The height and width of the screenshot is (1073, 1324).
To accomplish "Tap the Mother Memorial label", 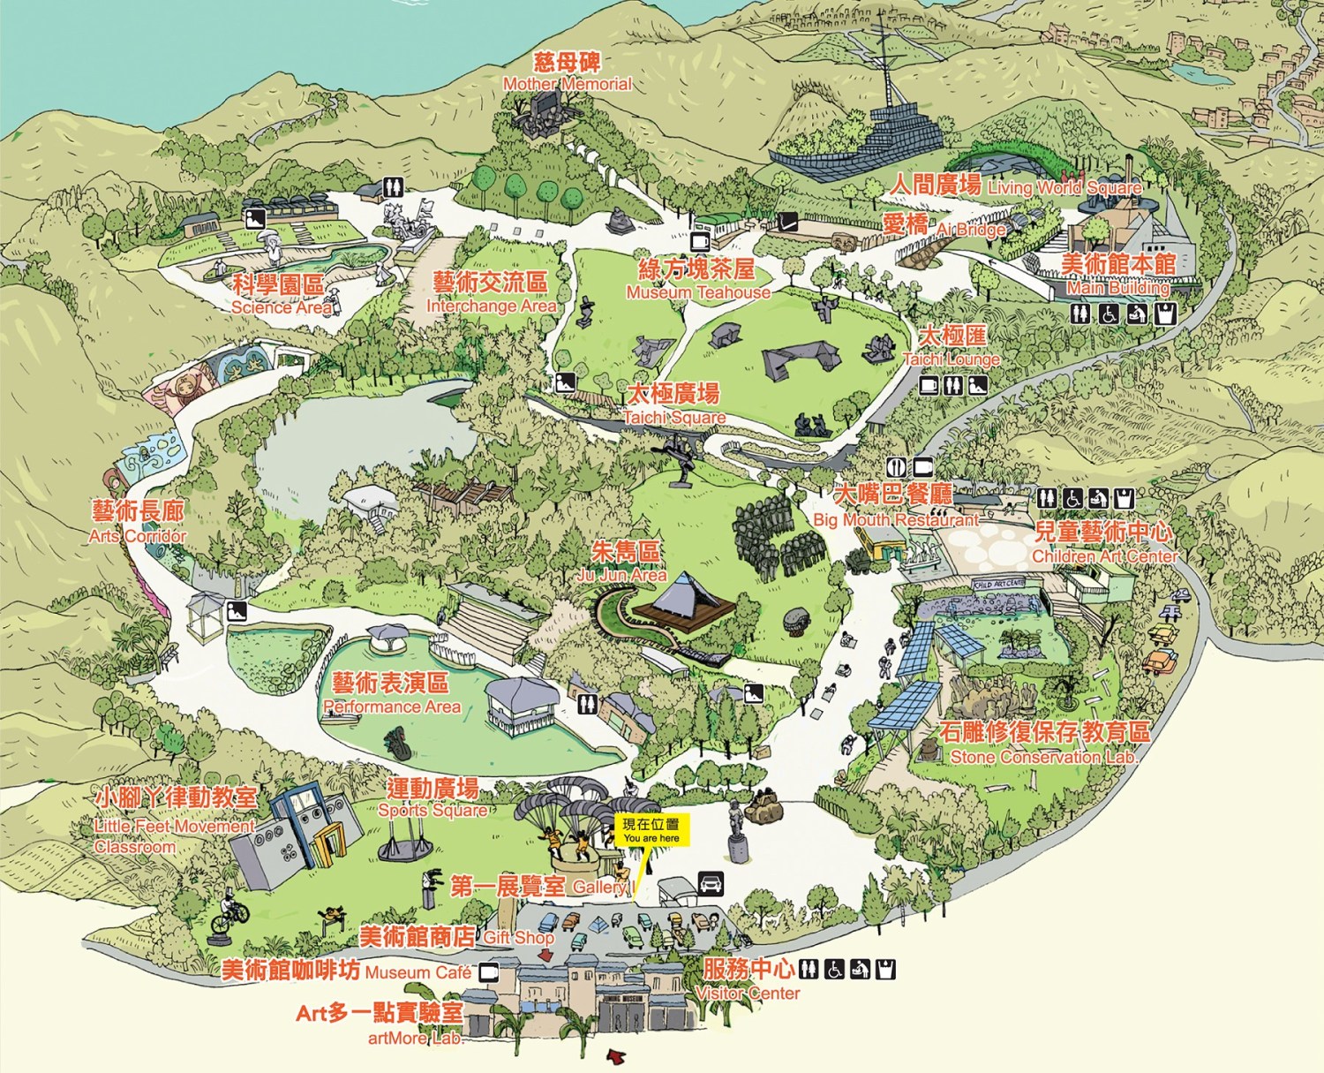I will [x=567, y=72].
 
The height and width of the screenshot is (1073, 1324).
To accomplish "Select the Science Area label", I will [x=279, y=295].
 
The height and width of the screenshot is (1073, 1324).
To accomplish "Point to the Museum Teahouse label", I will [x=697, y=280].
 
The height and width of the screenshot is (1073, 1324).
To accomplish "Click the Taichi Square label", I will [x=673, y=404].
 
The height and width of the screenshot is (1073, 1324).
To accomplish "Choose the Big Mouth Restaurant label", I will [x=895, y=506].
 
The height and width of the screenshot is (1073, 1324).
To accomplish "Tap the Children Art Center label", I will [x=1103, y=543].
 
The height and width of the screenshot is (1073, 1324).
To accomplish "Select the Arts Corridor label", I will [x=138, y=523].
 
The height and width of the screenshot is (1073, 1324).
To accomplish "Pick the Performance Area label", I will [x=391, y=694].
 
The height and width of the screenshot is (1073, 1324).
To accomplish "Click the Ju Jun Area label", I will [x=623, y=563].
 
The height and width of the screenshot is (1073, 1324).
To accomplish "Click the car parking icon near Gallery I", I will [x=711, y=882].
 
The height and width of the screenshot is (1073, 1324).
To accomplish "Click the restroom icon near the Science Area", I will [x=393, y=187].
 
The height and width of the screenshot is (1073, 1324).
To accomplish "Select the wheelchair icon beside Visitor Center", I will [x=834, y=970].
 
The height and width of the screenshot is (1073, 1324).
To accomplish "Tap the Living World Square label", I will [x=1015, y=185].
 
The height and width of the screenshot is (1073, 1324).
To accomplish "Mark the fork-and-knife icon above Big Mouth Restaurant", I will [x=897, y=466].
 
